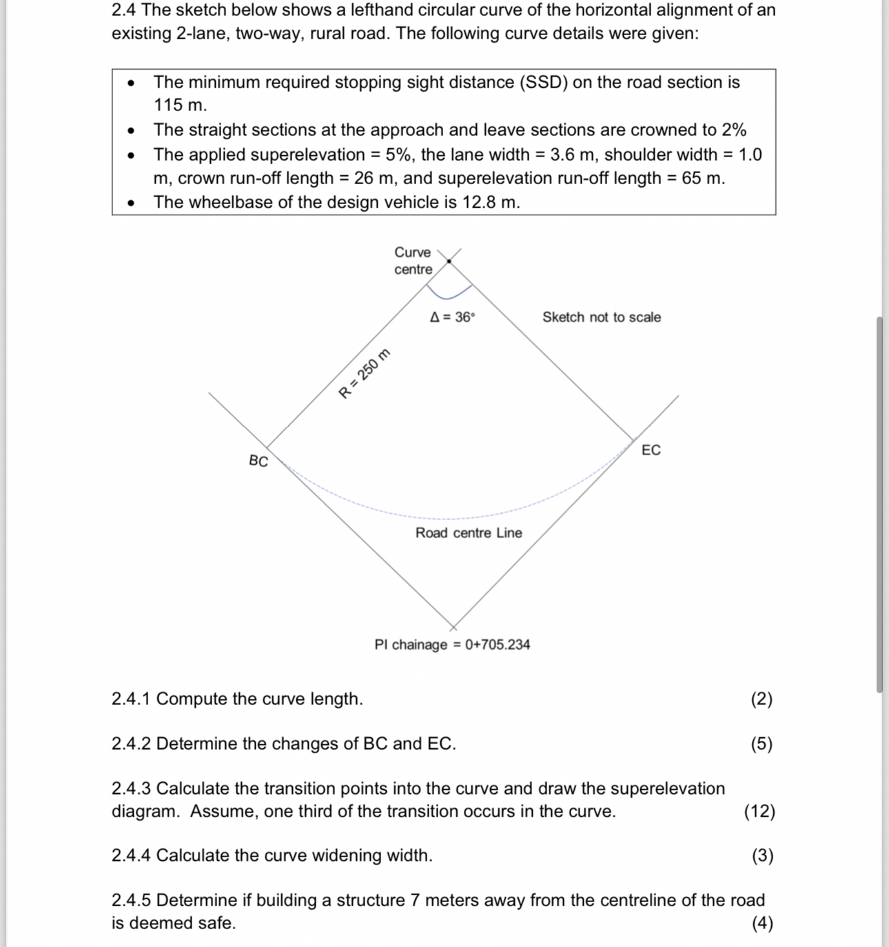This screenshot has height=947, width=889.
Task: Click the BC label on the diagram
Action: [258, 461]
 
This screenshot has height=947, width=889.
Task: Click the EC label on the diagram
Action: [651, 450]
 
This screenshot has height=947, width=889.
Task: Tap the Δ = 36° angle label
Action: [452, 317]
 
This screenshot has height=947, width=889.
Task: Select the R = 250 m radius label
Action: [365, 374]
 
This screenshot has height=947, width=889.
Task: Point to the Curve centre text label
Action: [413, 261]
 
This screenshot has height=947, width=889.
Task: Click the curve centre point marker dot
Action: [449, 261]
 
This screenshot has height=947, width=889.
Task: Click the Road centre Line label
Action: [469, 533]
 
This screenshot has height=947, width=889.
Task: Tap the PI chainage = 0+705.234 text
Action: [452, 645]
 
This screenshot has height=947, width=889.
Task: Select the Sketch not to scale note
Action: [601, 317]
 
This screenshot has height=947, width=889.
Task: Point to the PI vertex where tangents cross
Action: [453, 626]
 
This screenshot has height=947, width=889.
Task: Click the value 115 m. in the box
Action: [180, 106]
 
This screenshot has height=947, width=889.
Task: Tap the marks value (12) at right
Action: [759, 811]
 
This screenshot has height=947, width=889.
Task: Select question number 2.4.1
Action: [131, 699]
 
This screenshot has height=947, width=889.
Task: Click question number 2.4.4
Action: [131, 856]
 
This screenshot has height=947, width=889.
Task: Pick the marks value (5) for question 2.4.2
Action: [762, 744]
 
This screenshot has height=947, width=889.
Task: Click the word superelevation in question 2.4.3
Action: [667, 788]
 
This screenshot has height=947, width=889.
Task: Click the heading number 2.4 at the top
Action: [124, 10]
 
